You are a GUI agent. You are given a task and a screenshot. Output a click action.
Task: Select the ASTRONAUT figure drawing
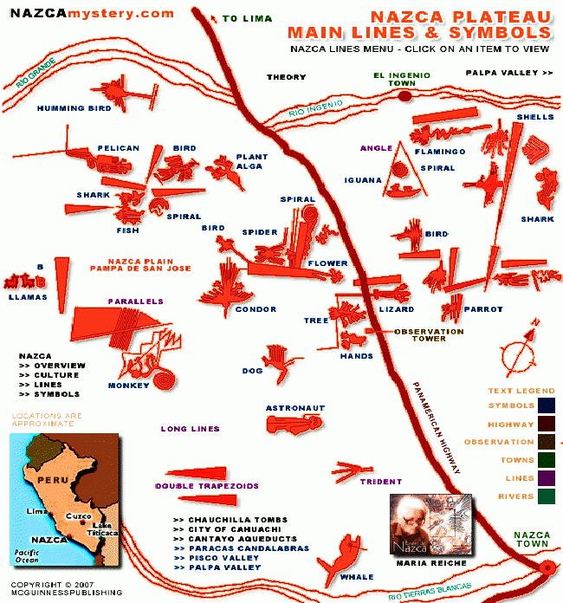pos(294,425)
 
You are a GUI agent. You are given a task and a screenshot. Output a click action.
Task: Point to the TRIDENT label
pos(380,482)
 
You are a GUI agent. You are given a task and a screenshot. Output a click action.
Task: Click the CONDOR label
pos(256,309)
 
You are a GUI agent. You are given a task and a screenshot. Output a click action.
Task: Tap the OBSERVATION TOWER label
pos(429,334)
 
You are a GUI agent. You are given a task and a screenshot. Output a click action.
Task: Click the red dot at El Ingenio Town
pos(403,96)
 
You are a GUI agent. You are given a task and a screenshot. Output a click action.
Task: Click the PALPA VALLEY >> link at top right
pos(508,74)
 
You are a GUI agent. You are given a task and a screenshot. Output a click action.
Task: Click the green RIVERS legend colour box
pos(546,496)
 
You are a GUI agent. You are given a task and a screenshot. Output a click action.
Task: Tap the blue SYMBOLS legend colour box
pos(546,405)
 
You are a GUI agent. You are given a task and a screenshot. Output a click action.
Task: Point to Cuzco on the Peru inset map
pos(78,516)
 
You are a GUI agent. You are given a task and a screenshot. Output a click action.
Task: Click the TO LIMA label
pos(247,18)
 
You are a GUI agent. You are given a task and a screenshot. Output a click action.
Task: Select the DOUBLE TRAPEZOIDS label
pos(207,487)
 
